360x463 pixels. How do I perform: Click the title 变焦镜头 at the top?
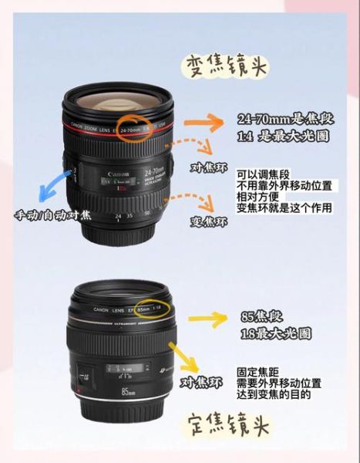(x=225, y=66)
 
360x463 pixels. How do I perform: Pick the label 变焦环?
(x=209, y=222)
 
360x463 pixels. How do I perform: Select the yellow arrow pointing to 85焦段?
(x=203, y=317)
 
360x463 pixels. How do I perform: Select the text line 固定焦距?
(x=257, y=372)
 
